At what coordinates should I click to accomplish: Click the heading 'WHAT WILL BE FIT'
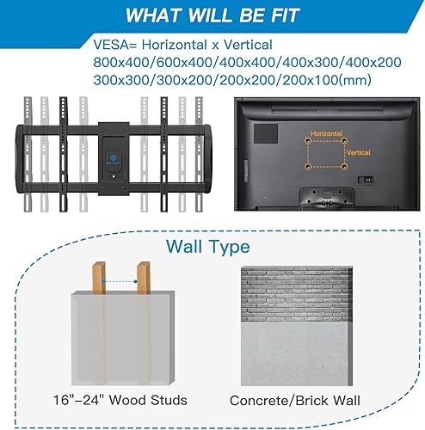coord(212,16)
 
